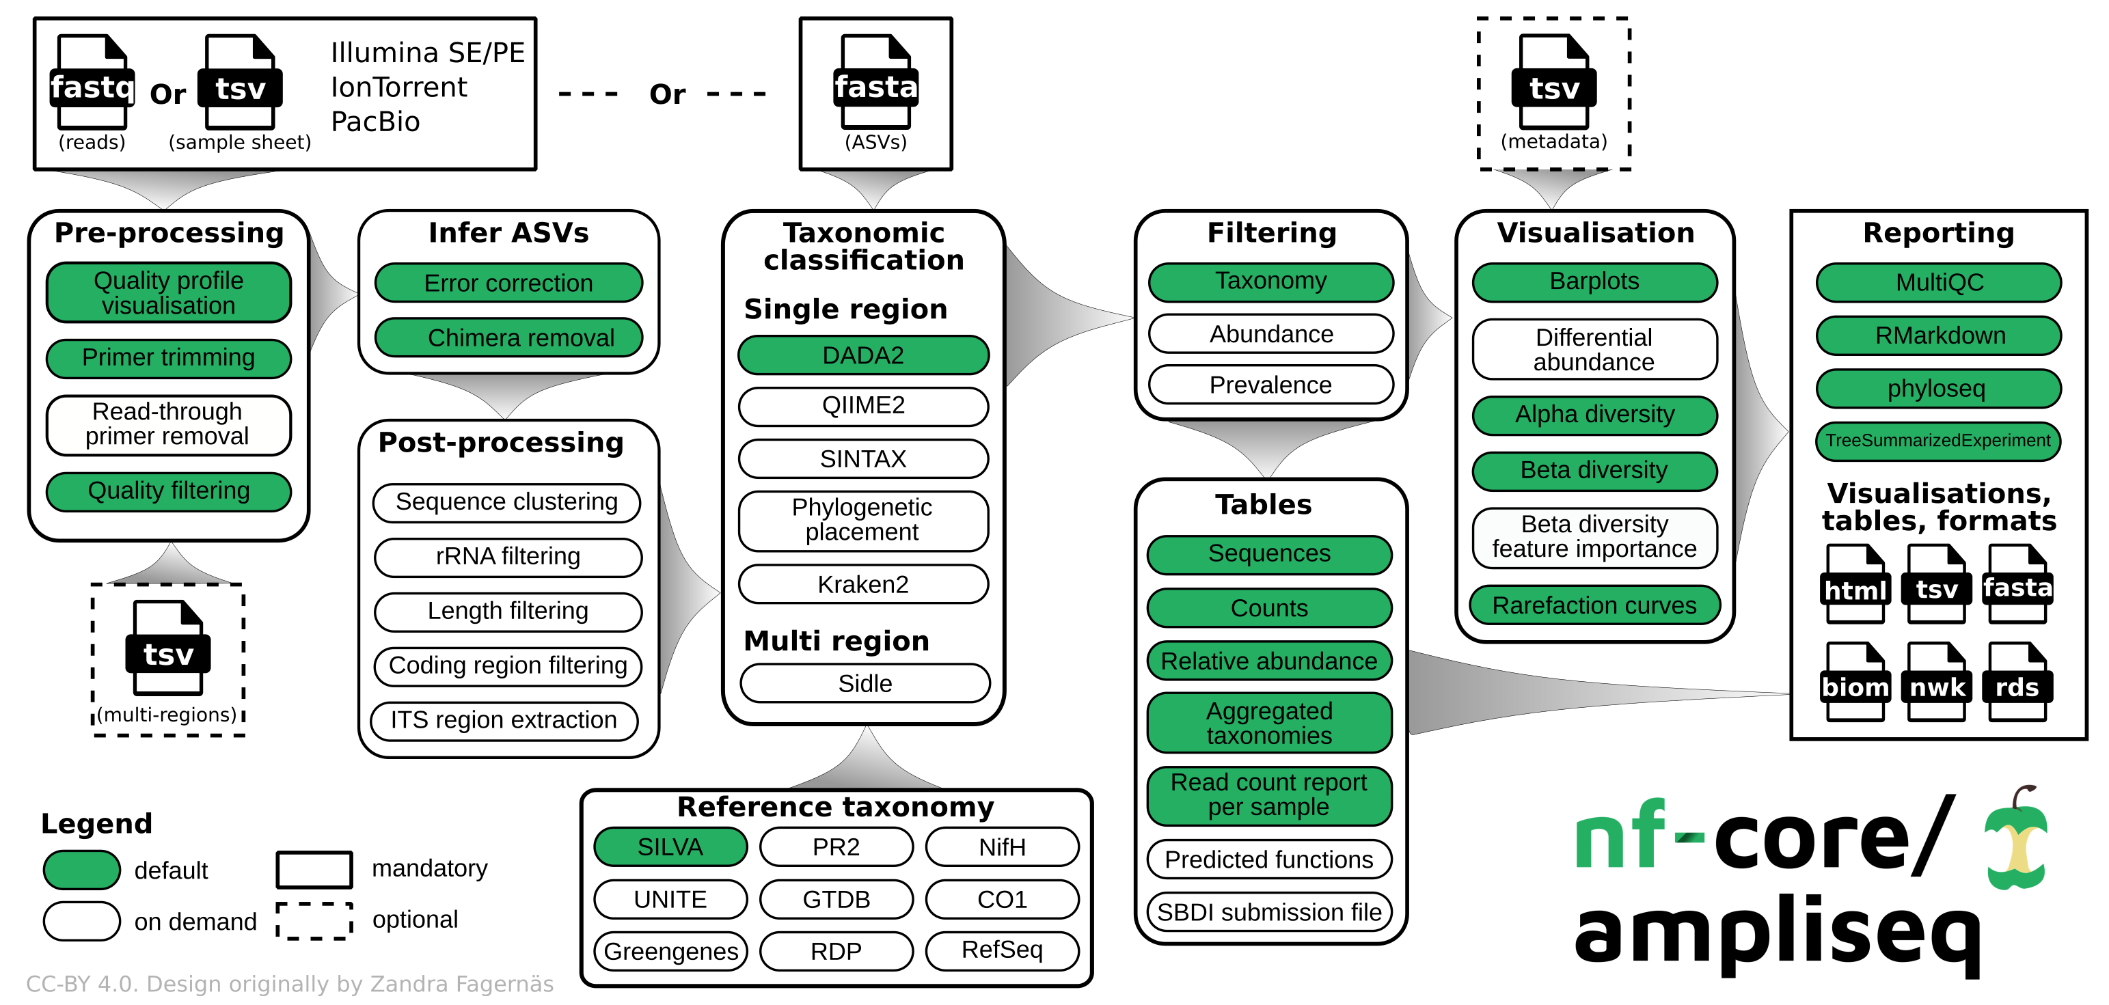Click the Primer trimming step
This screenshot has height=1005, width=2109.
click(x=168, y=357)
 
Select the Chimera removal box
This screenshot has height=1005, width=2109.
click(x=508, y=338)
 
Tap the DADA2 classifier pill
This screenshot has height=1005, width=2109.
click(x=863, y=355)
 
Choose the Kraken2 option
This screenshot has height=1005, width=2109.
click(x=863, y=584)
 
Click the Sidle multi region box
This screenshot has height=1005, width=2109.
click(x=865, y=683)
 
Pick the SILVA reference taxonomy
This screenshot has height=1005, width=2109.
click(x=670, y=847)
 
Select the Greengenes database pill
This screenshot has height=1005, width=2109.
click(x=670, y=951)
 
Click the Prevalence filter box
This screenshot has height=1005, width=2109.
click(x=1270, y=385)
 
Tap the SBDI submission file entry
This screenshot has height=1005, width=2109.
click(x=1269, y=911)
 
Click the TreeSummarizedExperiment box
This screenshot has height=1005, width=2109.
click(x=1938, y=441)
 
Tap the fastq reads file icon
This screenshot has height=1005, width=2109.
click(x=92, y=82)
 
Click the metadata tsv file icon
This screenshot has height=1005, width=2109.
click(x=1553, y=82)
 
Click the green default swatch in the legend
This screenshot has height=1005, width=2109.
click(x=82, y=869)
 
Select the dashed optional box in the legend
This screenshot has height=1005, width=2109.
click(x=314, y=921)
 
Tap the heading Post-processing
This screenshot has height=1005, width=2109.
click(x=500, y=443)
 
